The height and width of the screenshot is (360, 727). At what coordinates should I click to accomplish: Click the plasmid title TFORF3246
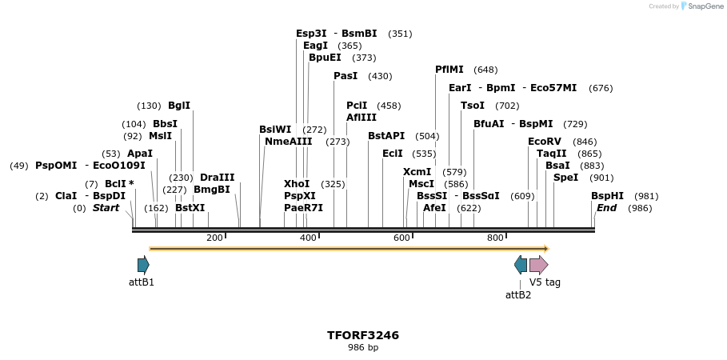click(363, 335)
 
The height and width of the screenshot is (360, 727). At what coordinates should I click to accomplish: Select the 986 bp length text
click(363, 348)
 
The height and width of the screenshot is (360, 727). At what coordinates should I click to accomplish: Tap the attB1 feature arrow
click(143, 265)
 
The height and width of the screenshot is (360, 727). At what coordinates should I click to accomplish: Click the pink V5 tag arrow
click(538, 265)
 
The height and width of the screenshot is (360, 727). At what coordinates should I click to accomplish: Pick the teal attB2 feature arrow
click(521, 265)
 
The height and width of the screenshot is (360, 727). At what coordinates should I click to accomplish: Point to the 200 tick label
click(214, 238)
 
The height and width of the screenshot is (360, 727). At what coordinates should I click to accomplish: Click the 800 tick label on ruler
click(495, 238)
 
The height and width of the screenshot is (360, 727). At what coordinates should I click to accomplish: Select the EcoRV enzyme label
click(545, 142)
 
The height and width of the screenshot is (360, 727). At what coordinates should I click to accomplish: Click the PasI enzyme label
click(346, 76)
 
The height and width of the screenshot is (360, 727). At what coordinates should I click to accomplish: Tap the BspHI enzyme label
click(607, 196)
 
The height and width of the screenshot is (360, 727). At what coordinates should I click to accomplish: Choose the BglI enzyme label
click(179, 106)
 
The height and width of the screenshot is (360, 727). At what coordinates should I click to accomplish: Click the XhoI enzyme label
click(297, 184)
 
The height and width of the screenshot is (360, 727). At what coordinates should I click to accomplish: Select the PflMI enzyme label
click(449, 70)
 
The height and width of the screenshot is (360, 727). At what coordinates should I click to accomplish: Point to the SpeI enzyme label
click(565, 178)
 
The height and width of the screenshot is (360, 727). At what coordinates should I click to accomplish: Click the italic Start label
click(106, 208)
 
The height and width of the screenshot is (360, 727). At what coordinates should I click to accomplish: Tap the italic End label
click(606, 208)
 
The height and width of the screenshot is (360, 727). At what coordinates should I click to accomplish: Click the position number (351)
click(400, 34)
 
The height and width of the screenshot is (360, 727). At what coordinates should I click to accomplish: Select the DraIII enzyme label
click(217, 178)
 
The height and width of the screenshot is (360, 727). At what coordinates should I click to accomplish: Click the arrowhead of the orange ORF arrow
click(546, 249)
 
